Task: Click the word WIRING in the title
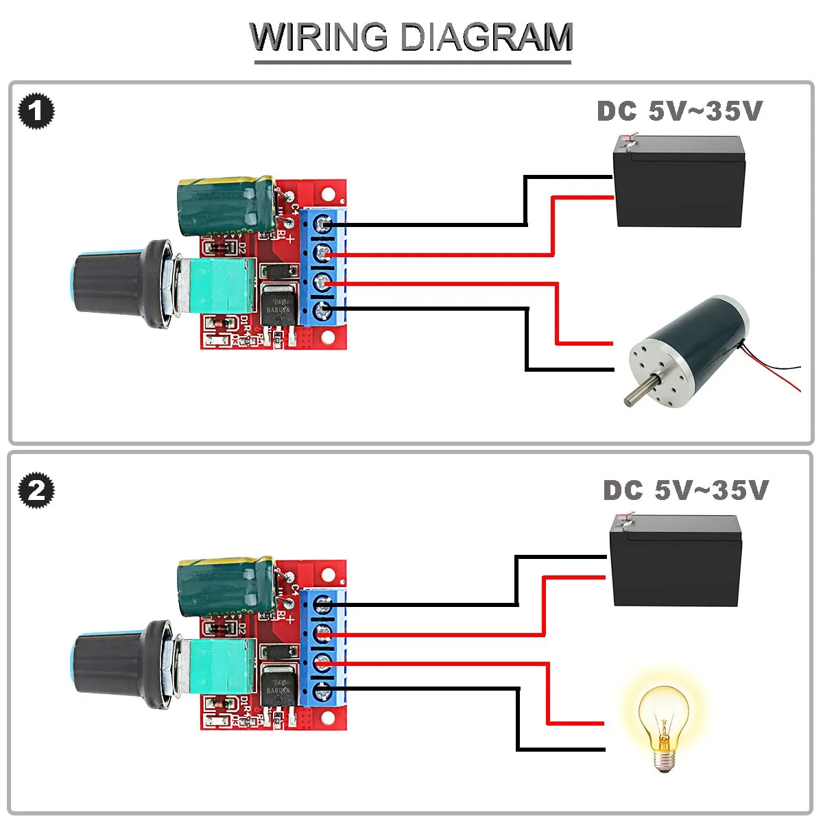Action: point(319,37)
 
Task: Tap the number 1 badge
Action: point(36,112)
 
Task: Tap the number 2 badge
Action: point(36,490)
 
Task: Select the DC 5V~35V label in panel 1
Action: point(679,111)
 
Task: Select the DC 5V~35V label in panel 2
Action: point(685,490)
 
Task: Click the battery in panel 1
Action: point(678,182)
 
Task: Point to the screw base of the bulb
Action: point(663,759)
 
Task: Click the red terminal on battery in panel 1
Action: point(624,139)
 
